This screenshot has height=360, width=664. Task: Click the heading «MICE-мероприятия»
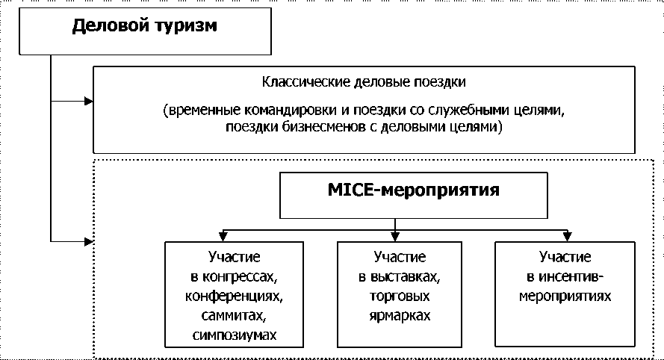point(413,190)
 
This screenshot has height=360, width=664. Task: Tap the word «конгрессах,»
point(234,277)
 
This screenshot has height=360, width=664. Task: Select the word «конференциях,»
point(234,296)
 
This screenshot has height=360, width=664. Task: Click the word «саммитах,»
point(234,315)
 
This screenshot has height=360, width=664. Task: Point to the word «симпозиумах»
point(234,335)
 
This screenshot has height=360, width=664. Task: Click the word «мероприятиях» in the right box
point(566,296)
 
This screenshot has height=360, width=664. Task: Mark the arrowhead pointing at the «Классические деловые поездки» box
point(89,99)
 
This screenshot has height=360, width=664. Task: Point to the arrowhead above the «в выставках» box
point(396,238)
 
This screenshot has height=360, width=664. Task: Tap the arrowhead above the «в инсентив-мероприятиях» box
point(565,238)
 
